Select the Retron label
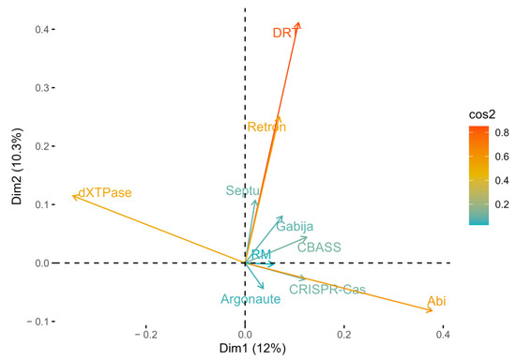click(266, 127)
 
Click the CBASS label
click(319, 247)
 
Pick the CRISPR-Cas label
click(327, 290)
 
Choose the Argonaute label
click(250, 300)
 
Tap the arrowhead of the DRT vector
click(298, 24)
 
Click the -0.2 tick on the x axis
click(146, 333)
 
